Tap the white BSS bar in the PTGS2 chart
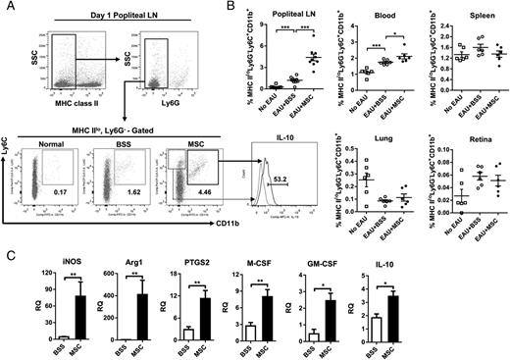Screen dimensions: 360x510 coord(212,334)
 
